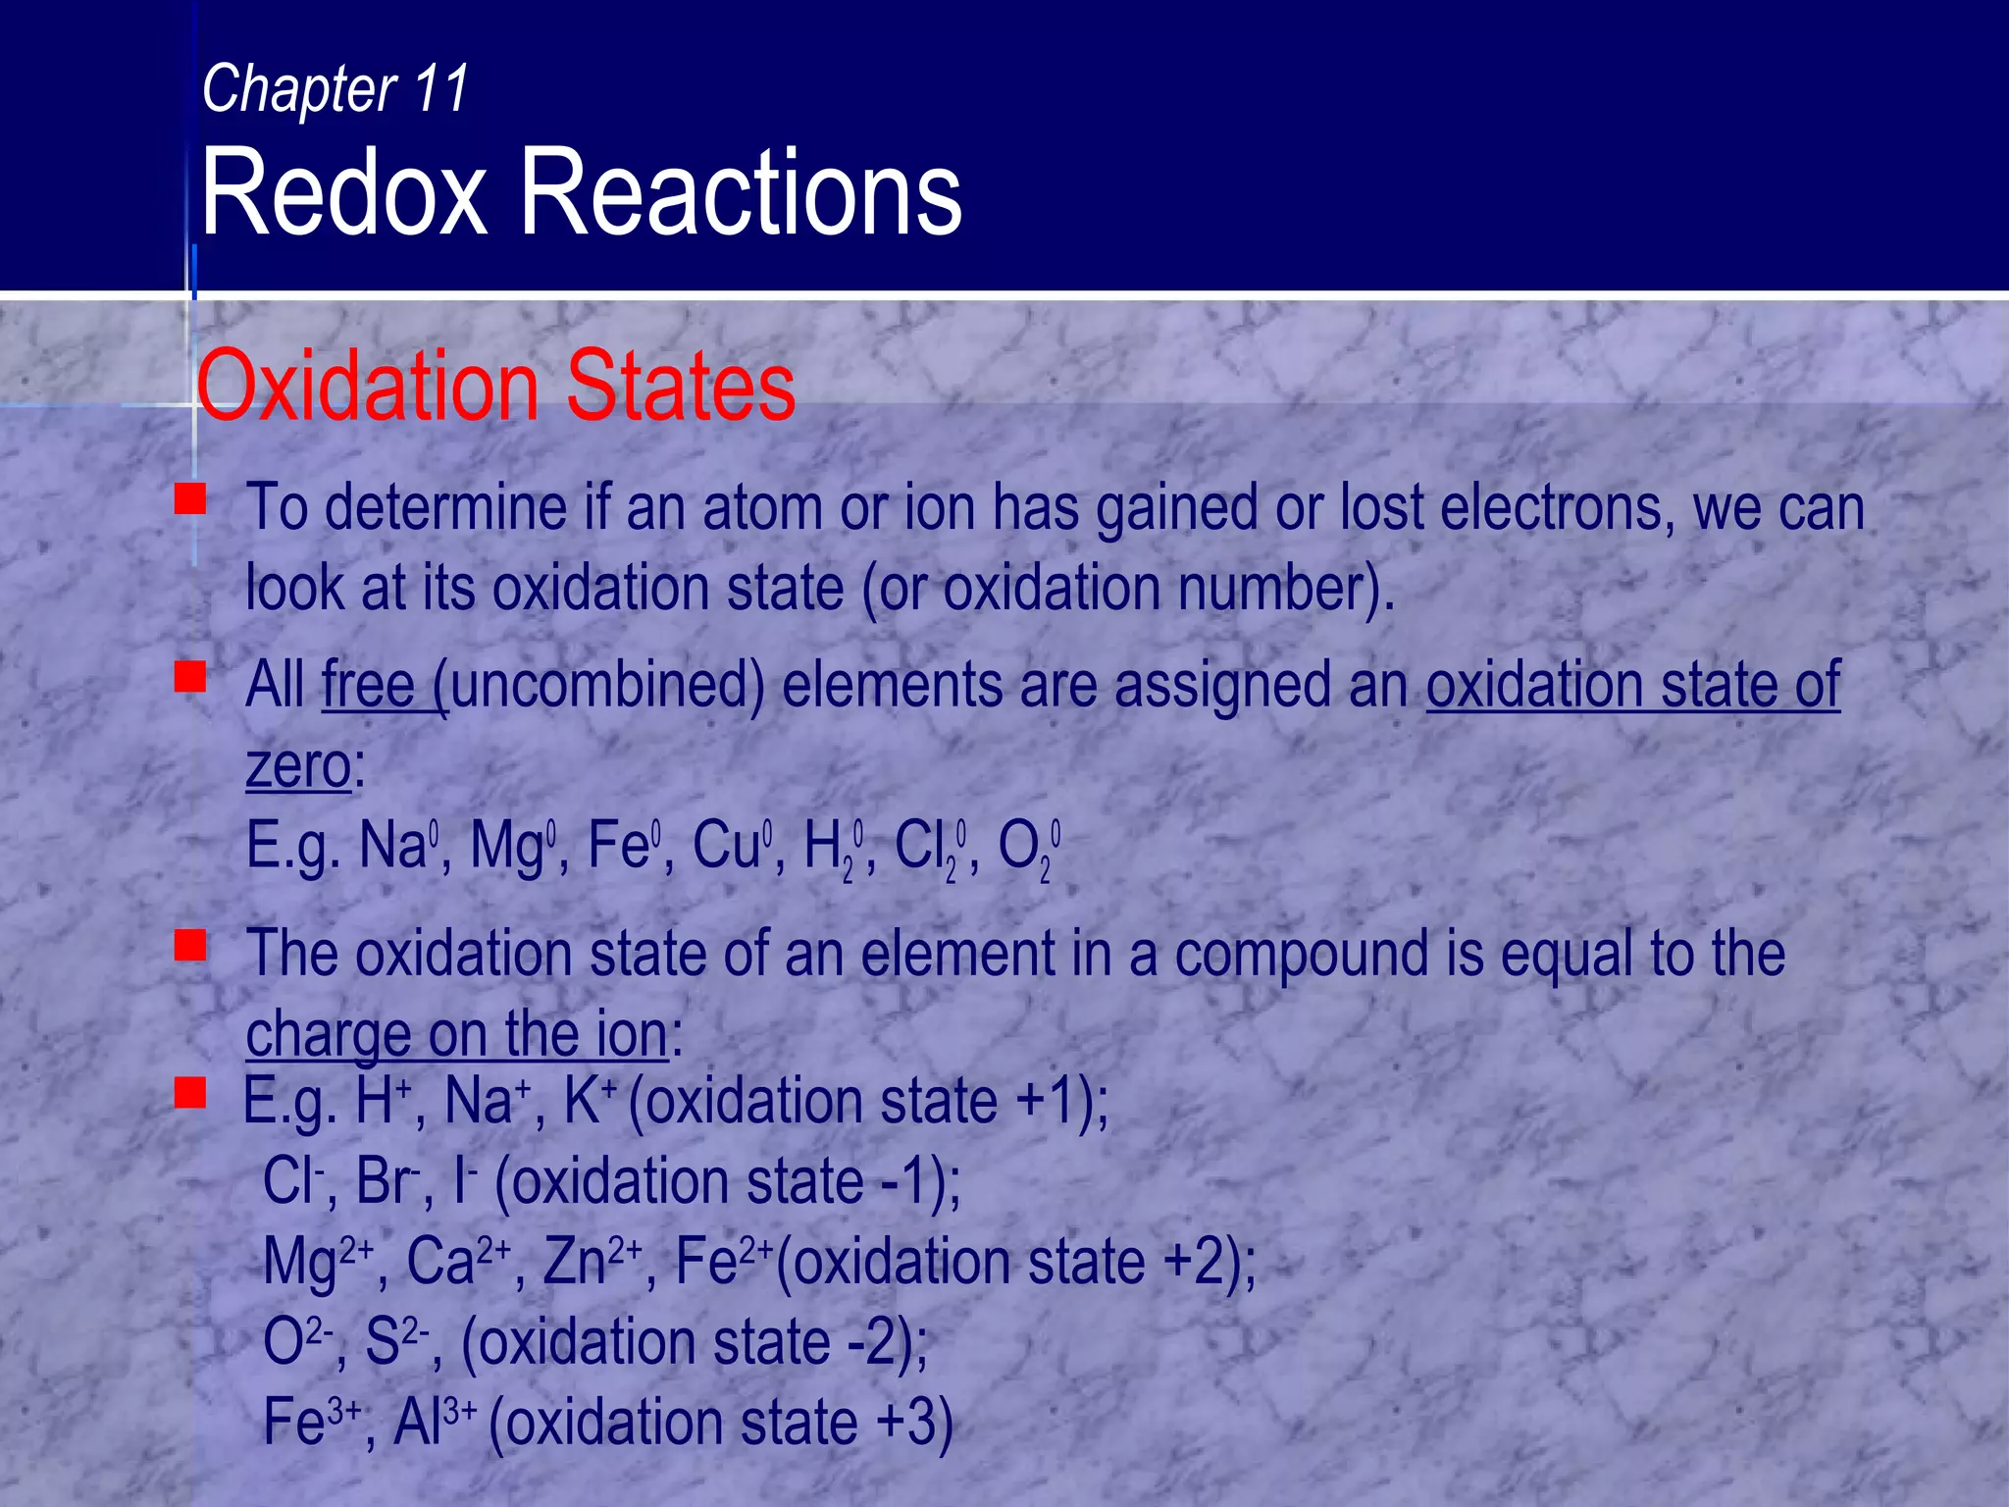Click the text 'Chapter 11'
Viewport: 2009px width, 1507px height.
tap(335, 89)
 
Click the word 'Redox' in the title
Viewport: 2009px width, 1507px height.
tap(343, 192)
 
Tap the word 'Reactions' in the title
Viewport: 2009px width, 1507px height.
tap(741, 192)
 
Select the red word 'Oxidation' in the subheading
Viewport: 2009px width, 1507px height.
tap(369, 387)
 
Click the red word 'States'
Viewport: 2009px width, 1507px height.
tap(681, 387)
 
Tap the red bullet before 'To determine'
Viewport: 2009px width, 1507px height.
tap(190, 497)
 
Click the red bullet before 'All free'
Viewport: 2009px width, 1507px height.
tap(190, 676)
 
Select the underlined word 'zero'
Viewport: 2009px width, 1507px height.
tap(298, 766)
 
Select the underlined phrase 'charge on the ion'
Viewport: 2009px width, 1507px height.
tap(456, 1034)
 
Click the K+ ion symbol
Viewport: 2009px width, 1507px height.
tap(589, 1101)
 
